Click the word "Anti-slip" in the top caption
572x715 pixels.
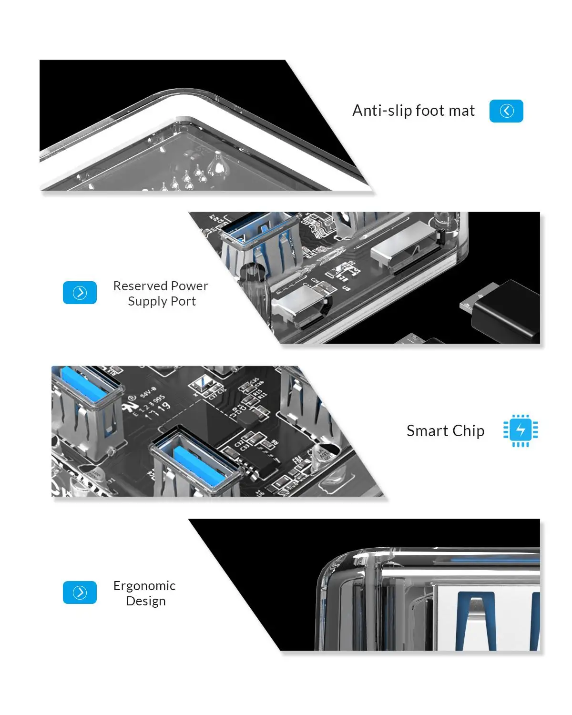click(x=382, y=111)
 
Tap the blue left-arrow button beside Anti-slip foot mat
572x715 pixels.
click(x=506, y=111)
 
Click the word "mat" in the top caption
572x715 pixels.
click(x=462, y=111)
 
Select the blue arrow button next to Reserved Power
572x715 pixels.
click(x=80, y=293)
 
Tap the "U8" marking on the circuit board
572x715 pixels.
click(x=347, y=288)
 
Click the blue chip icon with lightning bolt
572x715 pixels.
click(x=521, y=430)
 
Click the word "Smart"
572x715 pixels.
click(x=427, y=431)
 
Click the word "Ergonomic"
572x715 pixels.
click(x=144, y=586)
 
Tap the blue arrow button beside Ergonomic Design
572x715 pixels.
click(x=80, y=592)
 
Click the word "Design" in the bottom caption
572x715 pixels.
click(x=146, y=601)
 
